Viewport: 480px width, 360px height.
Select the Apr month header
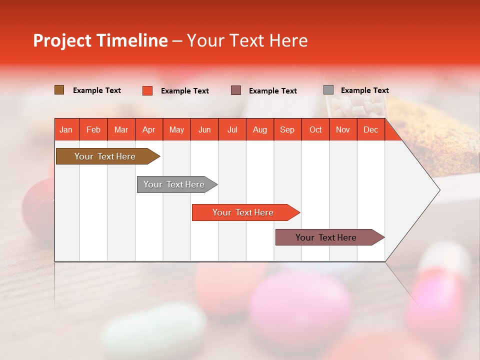point(149,129)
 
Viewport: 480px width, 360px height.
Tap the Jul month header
point(232,129)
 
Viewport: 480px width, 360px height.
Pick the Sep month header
point(287,129)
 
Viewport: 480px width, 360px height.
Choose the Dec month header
point(370,129)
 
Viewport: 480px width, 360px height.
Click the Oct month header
point(315,129)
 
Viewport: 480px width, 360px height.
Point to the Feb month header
point(93,129)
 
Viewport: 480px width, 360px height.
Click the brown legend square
point(59,90)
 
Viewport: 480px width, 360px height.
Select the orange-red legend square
point(147,90)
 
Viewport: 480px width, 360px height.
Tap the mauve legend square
point(236,90)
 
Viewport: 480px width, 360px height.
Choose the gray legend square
point(328,90)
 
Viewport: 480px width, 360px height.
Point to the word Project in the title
point(62,40)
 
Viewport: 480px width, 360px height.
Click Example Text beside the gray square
point(364,90)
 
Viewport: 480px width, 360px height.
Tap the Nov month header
point(343,129)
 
